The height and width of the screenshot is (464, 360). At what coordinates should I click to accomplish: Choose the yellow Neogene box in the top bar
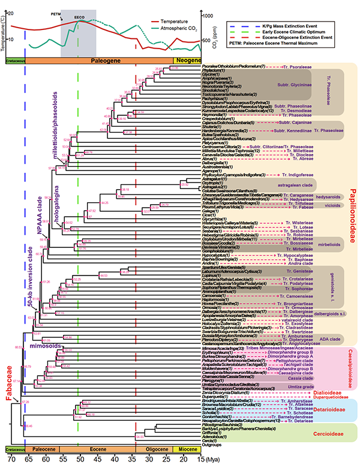pos(187,61)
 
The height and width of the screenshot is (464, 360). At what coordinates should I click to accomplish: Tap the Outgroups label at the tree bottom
pos(213,444)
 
